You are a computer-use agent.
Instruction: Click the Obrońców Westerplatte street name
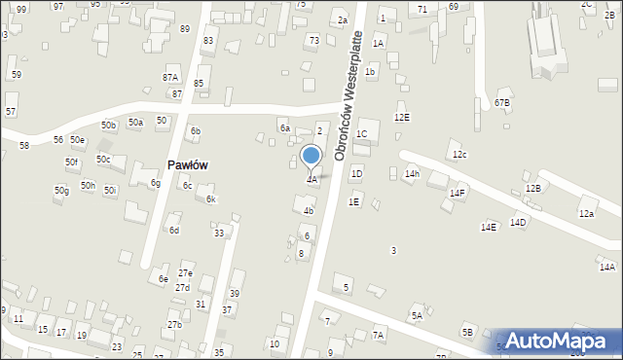pyautogui.click(x=348, y=95)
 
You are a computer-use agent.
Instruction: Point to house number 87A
pyautogui.click(x=170, y=77)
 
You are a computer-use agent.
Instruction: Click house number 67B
pyautogui.click(x=502, y=102)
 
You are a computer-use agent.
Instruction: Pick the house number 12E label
pyautogui.click(x=402, y=117)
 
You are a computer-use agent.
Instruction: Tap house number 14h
pyautogui.click(x=413, y=174)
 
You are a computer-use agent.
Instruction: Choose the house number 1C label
pyautogui.click(x=361, y=133)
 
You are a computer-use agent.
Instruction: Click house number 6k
pyautogui.click(x=209, y=199)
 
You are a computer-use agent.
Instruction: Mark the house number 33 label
pyautogui.click(x=219, y=233)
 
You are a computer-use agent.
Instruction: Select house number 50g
pyautogui.click(x=61, y=191)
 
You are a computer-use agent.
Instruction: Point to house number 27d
pyautogui.click(x=182, y=288)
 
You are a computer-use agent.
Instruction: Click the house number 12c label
pyautogui.click(x=459, y=155)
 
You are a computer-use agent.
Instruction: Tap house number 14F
pyautogui.click(x=458, y=194)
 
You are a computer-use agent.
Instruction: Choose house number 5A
pyautogui.click(x=417, y=315)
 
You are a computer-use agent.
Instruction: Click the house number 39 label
pyautogui.click(x=235, y=294)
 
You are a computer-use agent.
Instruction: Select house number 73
pyautogui.click(x=313, y=40)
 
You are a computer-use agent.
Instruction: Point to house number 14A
pyautogui.click(x=607, y=267)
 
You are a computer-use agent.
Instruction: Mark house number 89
pyautogui.click(x=185, y=29)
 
